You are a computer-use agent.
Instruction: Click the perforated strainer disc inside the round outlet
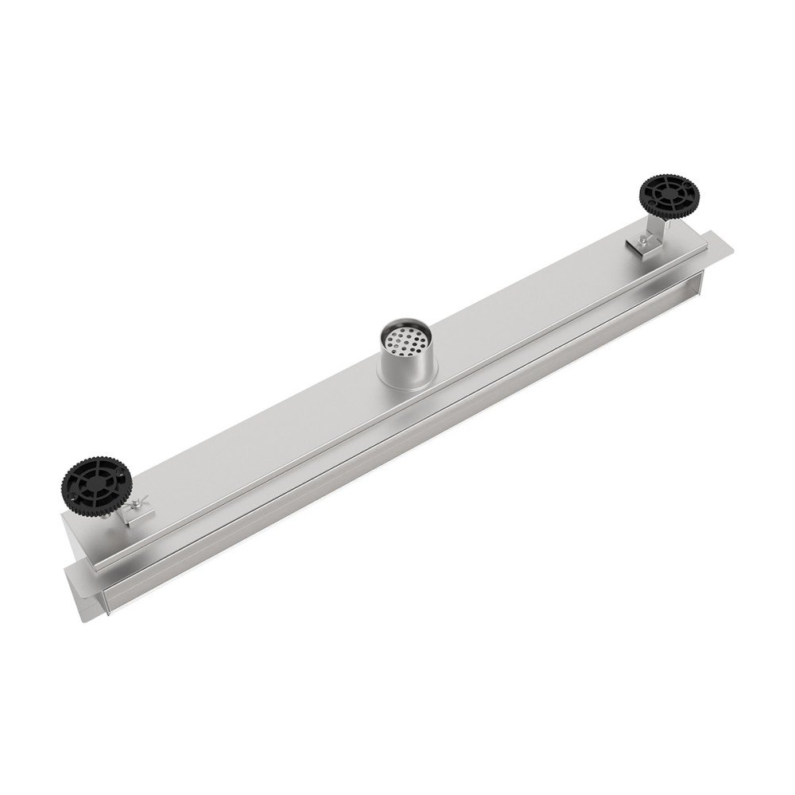coord(407,341)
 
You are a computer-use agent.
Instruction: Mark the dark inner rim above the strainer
coord(406,328)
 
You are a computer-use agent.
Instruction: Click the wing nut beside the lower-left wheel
coord(141,502)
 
